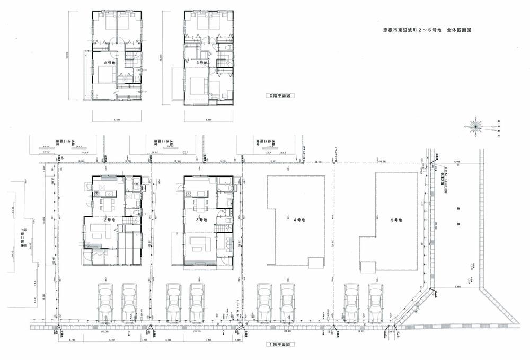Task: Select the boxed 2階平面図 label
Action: pos(281,96)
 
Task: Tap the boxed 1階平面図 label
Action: pos(280,344)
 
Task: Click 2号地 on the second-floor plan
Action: pos(109,63)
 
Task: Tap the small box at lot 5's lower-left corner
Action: pos(366,266)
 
